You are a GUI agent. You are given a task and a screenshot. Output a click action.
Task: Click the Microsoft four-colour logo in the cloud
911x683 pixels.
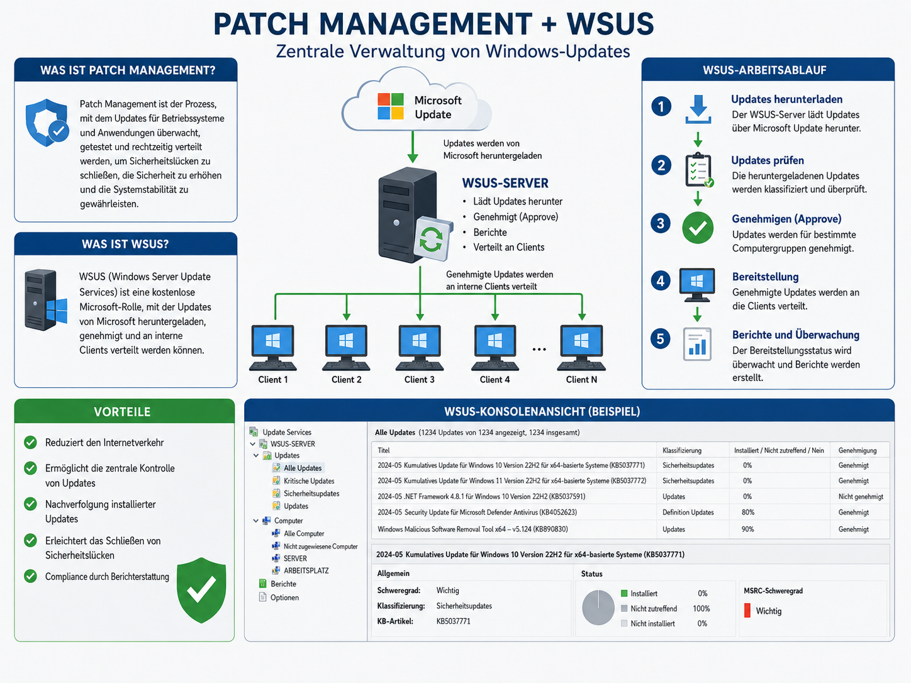(390, 106)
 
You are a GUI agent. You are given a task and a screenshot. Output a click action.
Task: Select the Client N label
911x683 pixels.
(581, 379)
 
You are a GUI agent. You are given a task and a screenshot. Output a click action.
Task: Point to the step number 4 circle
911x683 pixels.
(661, 280)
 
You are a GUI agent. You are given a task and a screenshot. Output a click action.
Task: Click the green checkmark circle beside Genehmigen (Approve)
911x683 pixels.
(698, 228)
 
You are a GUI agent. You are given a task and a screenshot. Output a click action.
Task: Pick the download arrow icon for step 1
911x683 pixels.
(698, 109)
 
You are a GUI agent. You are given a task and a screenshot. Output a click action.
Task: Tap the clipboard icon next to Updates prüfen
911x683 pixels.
(699, 170)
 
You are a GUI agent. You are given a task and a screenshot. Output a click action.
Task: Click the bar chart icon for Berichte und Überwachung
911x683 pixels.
(697, 344)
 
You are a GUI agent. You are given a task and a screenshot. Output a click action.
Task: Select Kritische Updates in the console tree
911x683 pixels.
(309, 481)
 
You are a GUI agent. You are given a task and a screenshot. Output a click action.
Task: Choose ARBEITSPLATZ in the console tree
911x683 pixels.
(306, 570)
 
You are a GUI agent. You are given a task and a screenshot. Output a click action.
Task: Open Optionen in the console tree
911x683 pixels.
(284, 597)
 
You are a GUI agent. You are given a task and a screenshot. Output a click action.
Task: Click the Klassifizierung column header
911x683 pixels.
(682, 450)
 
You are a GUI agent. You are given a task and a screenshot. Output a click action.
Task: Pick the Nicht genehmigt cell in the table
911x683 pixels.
(861, 496)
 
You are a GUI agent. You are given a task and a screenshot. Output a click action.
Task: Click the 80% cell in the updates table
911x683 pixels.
(748, 512)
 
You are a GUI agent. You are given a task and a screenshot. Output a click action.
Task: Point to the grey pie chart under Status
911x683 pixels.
(598, 608)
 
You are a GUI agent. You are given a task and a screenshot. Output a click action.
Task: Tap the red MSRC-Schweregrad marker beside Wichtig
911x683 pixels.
(747, 611)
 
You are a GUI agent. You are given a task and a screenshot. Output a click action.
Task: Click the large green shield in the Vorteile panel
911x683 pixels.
(201, 590)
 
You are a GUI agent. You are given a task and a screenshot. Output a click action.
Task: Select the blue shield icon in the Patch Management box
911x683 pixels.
(47, 123)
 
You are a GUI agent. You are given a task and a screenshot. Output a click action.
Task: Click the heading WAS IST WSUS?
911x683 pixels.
(125, 244)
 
